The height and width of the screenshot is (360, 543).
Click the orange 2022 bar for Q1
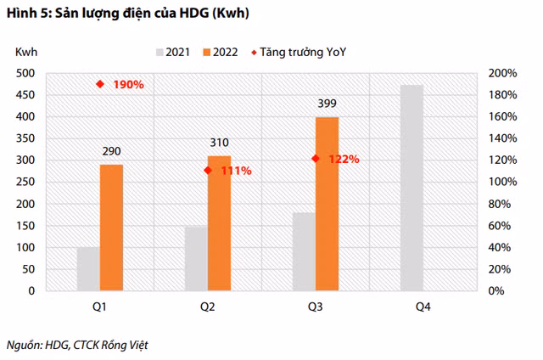point(111,228)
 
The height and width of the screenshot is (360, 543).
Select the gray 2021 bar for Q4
point(411,188)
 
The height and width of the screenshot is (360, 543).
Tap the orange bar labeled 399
point(327,204)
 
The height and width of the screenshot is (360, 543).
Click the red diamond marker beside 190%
point(100,84)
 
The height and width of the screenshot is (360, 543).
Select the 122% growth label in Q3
point(344,159)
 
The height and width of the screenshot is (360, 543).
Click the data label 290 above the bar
point(111,150)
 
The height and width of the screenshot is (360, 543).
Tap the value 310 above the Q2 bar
point(219,142)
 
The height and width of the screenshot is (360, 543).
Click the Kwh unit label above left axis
point(26,53)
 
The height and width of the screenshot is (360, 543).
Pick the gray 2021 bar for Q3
point(304,251)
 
